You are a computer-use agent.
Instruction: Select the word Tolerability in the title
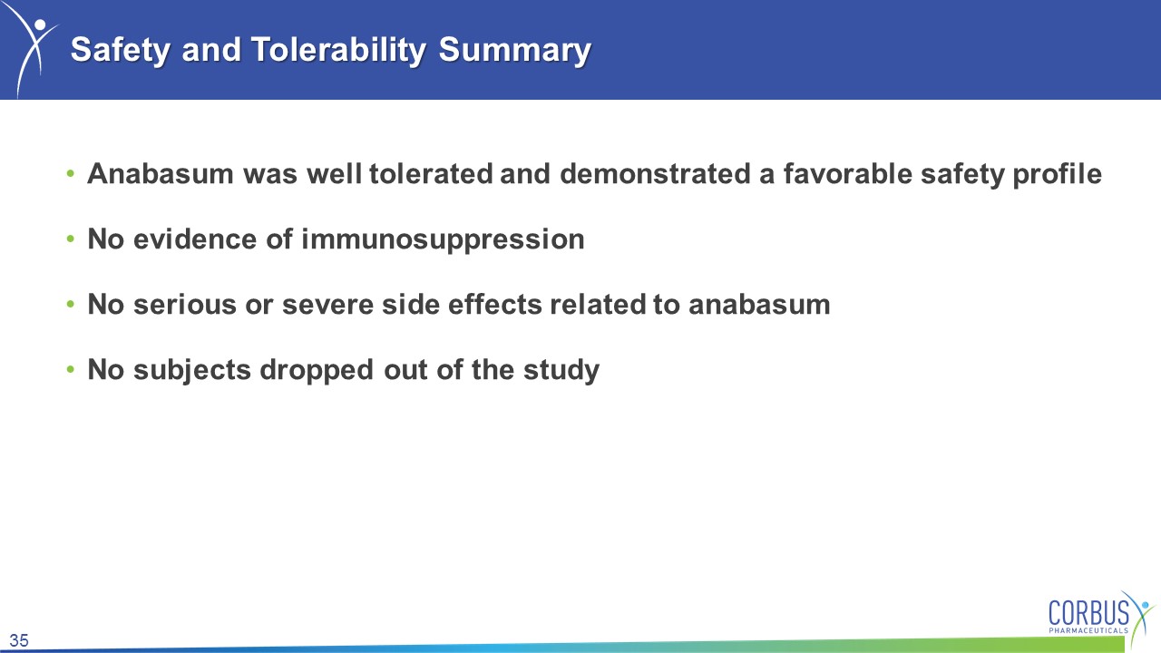(338, 50)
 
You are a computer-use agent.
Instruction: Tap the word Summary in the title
(514, 50)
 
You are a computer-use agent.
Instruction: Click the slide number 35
(19, 640)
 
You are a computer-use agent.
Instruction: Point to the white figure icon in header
(31, 49)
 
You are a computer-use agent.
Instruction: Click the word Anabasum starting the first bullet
(161, 173)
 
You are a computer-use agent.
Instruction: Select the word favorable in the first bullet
(847, 173)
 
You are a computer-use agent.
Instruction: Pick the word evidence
(195, 239)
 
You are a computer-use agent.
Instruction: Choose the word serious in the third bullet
(185, 304)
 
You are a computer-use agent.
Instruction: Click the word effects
(495, 304)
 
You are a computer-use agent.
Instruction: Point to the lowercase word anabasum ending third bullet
(759, 304)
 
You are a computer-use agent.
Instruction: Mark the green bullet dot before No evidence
(71, 239)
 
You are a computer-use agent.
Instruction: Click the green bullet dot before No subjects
(71, 369)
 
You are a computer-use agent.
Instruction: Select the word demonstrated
(655, 173)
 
